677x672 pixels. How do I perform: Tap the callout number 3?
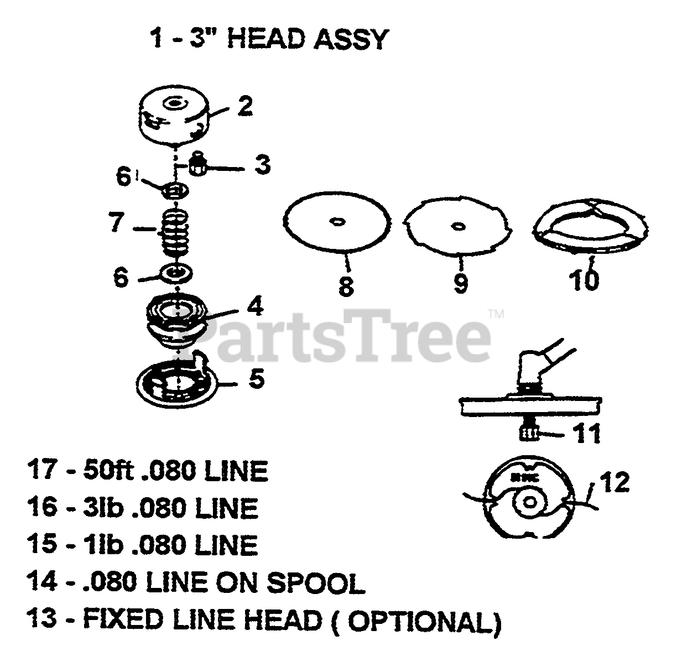[262, 164]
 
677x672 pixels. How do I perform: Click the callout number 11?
[586, 434]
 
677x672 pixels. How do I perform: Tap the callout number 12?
[614, 482]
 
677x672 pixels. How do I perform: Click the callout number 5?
[256, 380]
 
